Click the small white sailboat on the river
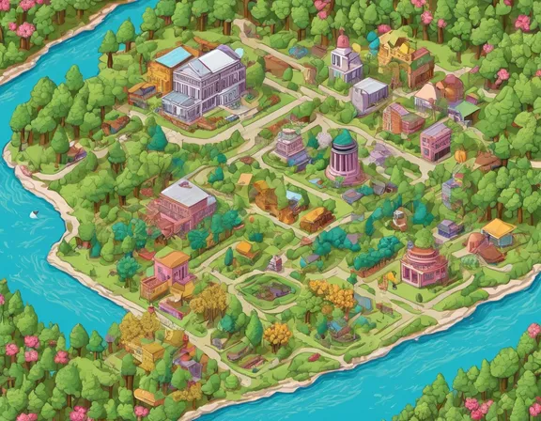[x=35, y=215]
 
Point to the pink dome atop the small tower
[x=344, y=42]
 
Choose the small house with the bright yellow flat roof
[x=499, y=231]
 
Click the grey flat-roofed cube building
[x=369, y=92]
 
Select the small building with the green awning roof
[x=464, y=111]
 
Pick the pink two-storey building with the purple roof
[x=435, y=141]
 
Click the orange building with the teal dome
[x=268, y=193]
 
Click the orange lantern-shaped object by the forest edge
[x=460, y=156]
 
